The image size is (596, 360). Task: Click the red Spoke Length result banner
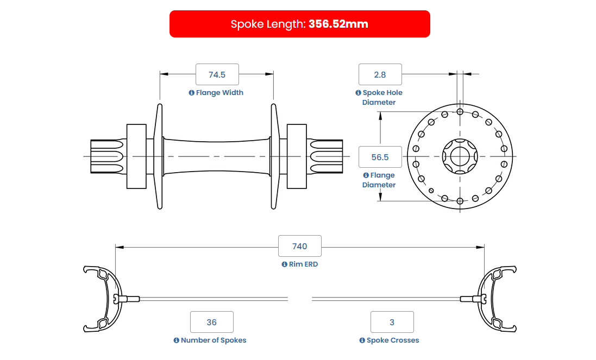coord(299,24)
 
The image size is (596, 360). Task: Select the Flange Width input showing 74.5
coord(217,74)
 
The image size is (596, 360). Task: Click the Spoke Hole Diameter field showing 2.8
coord(380,74)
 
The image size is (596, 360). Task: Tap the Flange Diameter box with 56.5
coord(380,157)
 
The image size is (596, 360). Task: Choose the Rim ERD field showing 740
coord(299,246)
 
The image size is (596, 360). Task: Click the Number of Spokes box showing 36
coord(212,322)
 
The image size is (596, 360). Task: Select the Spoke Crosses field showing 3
coord(392,322)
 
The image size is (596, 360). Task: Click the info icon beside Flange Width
coord(192,93)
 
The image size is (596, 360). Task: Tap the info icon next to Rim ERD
coord(284,264)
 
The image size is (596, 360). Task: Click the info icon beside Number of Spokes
coord(177,340)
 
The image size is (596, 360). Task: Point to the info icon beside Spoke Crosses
coord(362,340)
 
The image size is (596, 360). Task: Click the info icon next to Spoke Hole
coord(358,93)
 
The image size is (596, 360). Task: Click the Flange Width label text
coord(219,93)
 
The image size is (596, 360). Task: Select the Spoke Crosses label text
coord(393,340)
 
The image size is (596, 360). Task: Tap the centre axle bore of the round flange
coord(460,156)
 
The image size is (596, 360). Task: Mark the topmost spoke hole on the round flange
coord(460,112)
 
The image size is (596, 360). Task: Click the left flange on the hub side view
coord(160,156)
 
